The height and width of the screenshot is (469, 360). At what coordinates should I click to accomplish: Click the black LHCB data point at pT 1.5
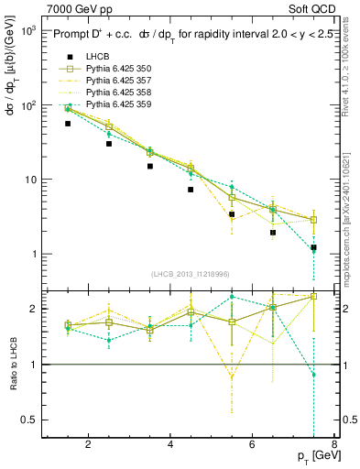point(68,124)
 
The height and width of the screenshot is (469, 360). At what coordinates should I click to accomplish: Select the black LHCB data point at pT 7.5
point(313,247)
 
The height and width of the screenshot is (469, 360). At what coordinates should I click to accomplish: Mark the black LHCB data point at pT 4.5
point(191,190)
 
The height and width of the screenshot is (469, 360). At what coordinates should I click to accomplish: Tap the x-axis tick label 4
point(171,445)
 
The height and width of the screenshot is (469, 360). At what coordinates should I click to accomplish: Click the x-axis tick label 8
point(335,445)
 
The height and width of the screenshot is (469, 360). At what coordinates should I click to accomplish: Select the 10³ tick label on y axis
point(27,30)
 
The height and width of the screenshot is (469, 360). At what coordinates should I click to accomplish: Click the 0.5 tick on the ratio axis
point(29,420)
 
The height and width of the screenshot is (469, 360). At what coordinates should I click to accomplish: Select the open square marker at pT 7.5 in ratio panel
point(313,296)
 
